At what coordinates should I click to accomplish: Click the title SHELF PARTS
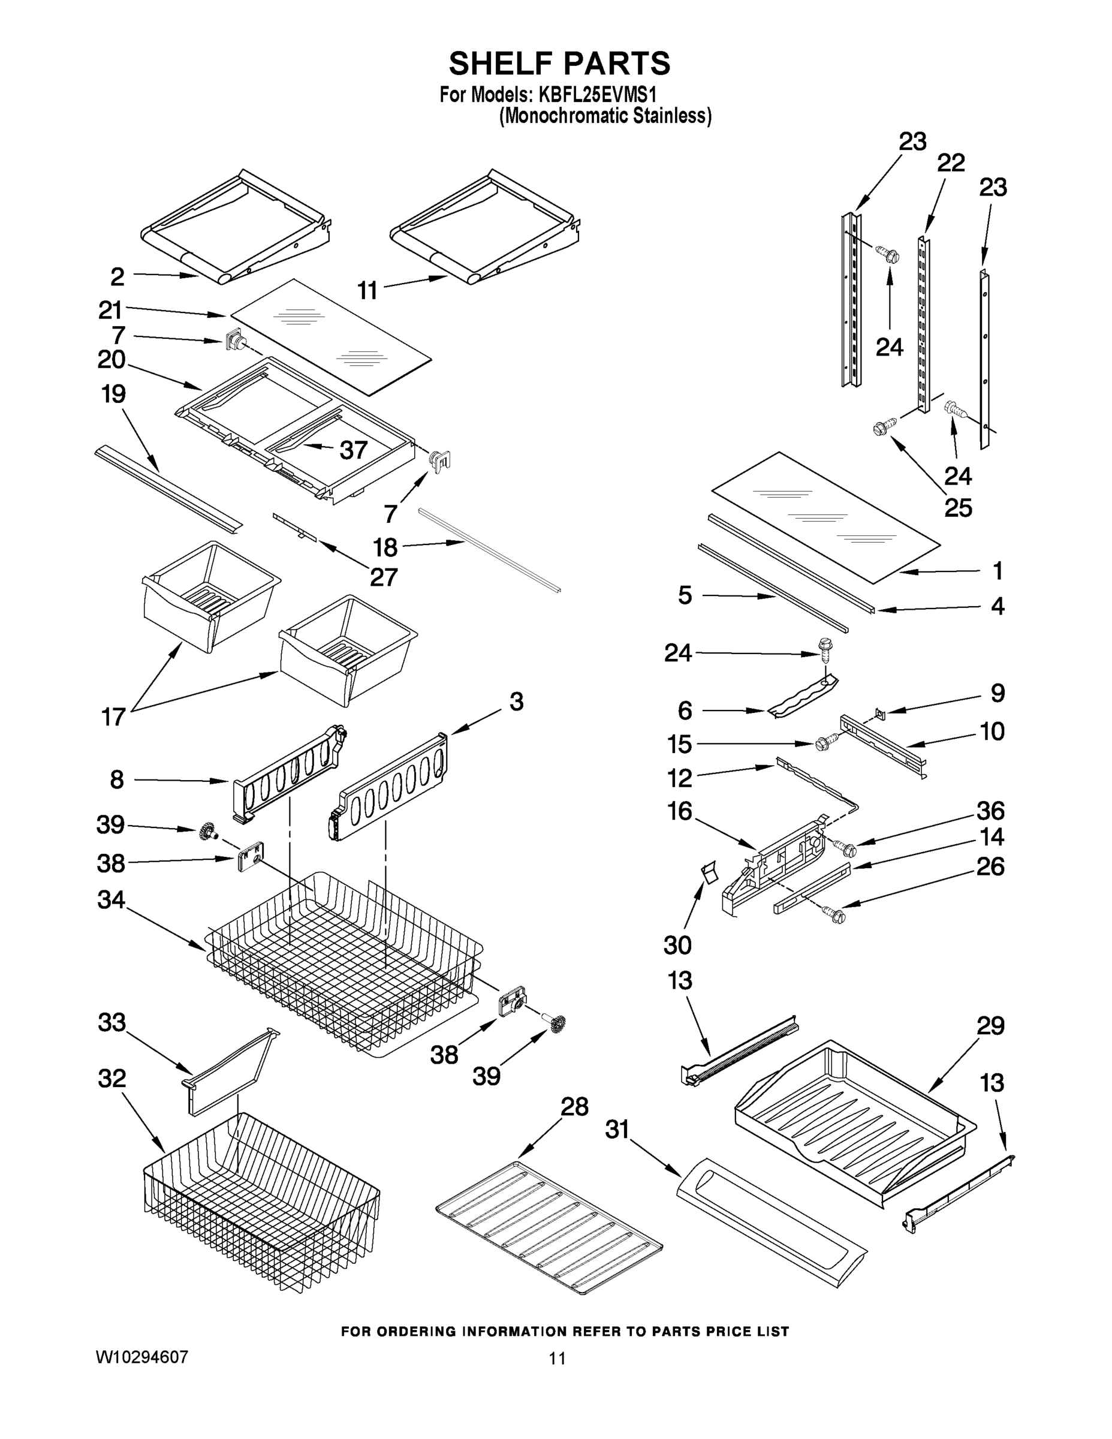coord(559,64)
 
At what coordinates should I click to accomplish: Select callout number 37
coord(353,450)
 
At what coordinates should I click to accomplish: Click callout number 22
coord(951,162)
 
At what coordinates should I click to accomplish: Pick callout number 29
coord(990,1026)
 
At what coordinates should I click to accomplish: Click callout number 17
coord(113,717)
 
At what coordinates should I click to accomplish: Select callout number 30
coord(677,945)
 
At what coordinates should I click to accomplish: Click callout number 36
coord(990,811)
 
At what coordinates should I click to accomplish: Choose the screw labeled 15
coord(824,744)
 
